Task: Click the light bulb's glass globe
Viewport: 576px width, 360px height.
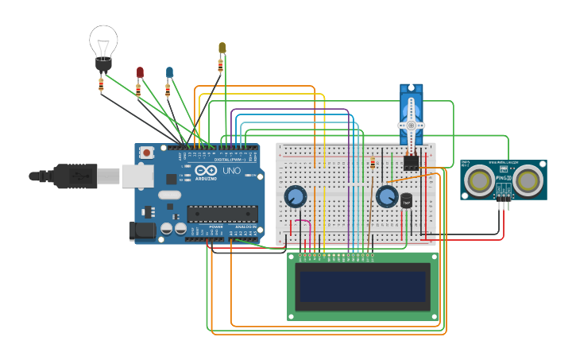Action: [103, 40]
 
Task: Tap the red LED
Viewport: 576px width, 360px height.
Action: [140, 72]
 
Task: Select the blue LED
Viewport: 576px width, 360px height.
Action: [169, 72]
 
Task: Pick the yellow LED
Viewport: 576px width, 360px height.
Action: [222, 48]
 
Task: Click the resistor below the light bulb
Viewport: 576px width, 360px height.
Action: [101, 84]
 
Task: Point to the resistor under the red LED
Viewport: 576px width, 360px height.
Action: [138, 91]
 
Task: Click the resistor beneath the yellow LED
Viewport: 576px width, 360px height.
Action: [220, 66]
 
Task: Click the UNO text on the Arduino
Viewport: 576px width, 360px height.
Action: [231, 171]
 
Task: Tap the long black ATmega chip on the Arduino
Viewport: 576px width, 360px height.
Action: [222, 213]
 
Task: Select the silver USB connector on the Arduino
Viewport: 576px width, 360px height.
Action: [137, 176]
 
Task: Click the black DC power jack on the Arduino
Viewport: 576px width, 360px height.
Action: [142, 230]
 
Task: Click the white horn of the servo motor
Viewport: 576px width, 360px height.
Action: [411, 126]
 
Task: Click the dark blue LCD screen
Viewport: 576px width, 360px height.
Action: [362, 286]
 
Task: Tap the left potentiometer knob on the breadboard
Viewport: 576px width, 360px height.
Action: [295, 196]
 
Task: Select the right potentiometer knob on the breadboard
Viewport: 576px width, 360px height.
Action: [387, 196]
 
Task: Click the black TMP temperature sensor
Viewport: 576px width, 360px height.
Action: [407, 201]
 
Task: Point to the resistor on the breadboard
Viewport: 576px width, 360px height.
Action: [373, 164]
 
